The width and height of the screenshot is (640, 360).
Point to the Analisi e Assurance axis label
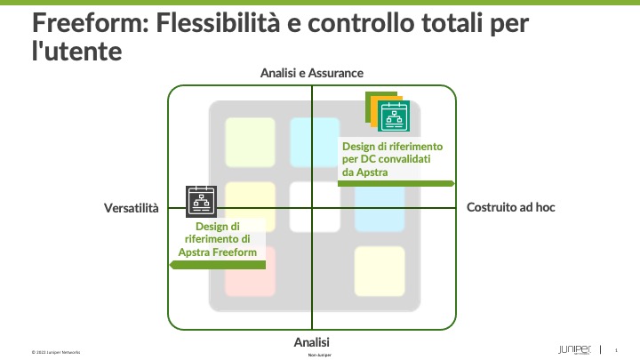click(312, 73)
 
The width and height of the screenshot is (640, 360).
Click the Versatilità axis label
click(132, 208)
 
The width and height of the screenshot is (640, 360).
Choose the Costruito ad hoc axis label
click(510, 207)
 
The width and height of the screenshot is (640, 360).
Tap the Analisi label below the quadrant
click(312, 342)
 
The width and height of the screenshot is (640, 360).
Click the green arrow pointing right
click(396, 183)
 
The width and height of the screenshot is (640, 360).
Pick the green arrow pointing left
click(218, 265)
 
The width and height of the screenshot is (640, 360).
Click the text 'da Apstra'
click(364, 172)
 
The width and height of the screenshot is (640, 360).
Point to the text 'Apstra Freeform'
click(222, 252)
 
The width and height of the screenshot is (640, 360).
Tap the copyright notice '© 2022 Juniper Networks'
click(56, 352)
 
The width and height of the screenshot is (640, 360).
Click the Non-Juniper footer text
click(319, 356)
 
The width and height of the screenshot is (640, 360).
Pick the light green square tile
click(251, 140)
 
